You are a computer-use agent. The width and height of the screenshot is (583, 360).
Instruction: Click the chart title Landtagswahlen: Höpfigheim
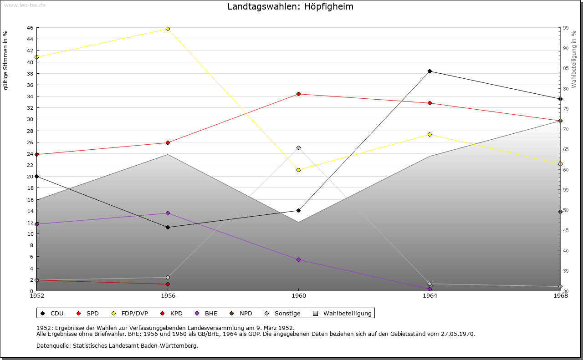click(x=290, y=7)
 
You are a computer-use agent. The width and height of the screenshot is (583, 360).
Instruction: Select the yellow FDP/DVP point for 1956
click(x=168, y=29)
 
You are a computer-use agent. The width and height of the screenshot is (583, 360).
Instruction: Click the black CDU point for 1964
click(x=430, y=71)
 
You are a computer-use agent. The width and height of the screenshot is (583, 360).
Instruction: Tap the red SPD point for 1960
click(x=298, y=94)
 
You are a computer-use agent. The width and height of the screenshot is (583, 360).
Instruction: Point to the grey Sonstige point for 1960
click(x=298, y=147)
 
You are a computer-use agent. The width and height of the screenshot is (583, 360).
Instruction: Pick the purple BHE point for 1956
click(x=168, y=213)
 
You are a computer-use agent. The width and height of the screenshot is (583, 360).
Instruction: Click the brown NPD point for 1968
click(x=560, y=212)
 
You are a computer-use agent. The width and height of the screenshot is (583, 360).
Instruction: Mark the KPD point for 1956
click(x=168, y=284)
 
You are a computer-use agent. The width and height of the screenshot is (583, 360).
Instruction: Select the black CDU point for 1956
click(x=168, y=227)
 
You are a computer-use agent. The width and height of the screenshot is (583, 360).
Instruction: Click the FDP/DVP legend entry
click(x=130, y=313)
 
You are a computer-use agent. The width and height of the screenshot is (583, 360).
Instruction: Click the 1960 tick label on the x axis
click(x=298, y=296)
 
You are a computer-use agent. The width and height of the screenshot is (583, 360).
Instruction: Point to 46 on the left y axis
click(x=30, y=28)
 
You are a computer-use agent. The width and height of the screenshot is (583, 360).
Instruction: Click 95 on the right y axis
click(x=566, y=28)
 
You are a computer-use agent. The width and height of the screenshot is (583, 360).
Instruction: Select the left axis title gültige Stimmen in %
click(x=5, y=60)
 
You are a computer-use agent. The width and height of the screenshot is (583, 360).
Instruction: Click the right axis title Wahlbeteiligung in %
click(x=574, y=59)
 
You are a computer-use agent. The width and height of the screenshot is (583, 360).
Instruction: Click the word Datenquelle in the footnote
click(x=52, y=345)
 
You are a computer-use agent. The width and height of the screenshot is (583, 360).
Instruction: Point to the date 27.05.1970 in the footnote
click(x=458, y=334)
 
